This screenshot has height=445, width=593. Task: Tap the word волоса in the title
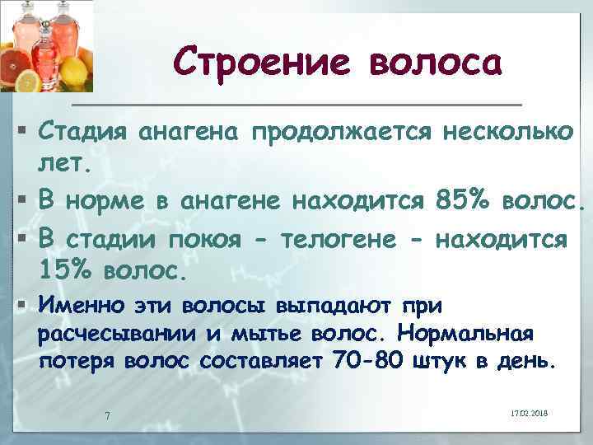tap(434, 62)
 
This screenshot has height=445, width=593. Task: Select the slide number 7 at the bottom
tap(106, 414)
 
